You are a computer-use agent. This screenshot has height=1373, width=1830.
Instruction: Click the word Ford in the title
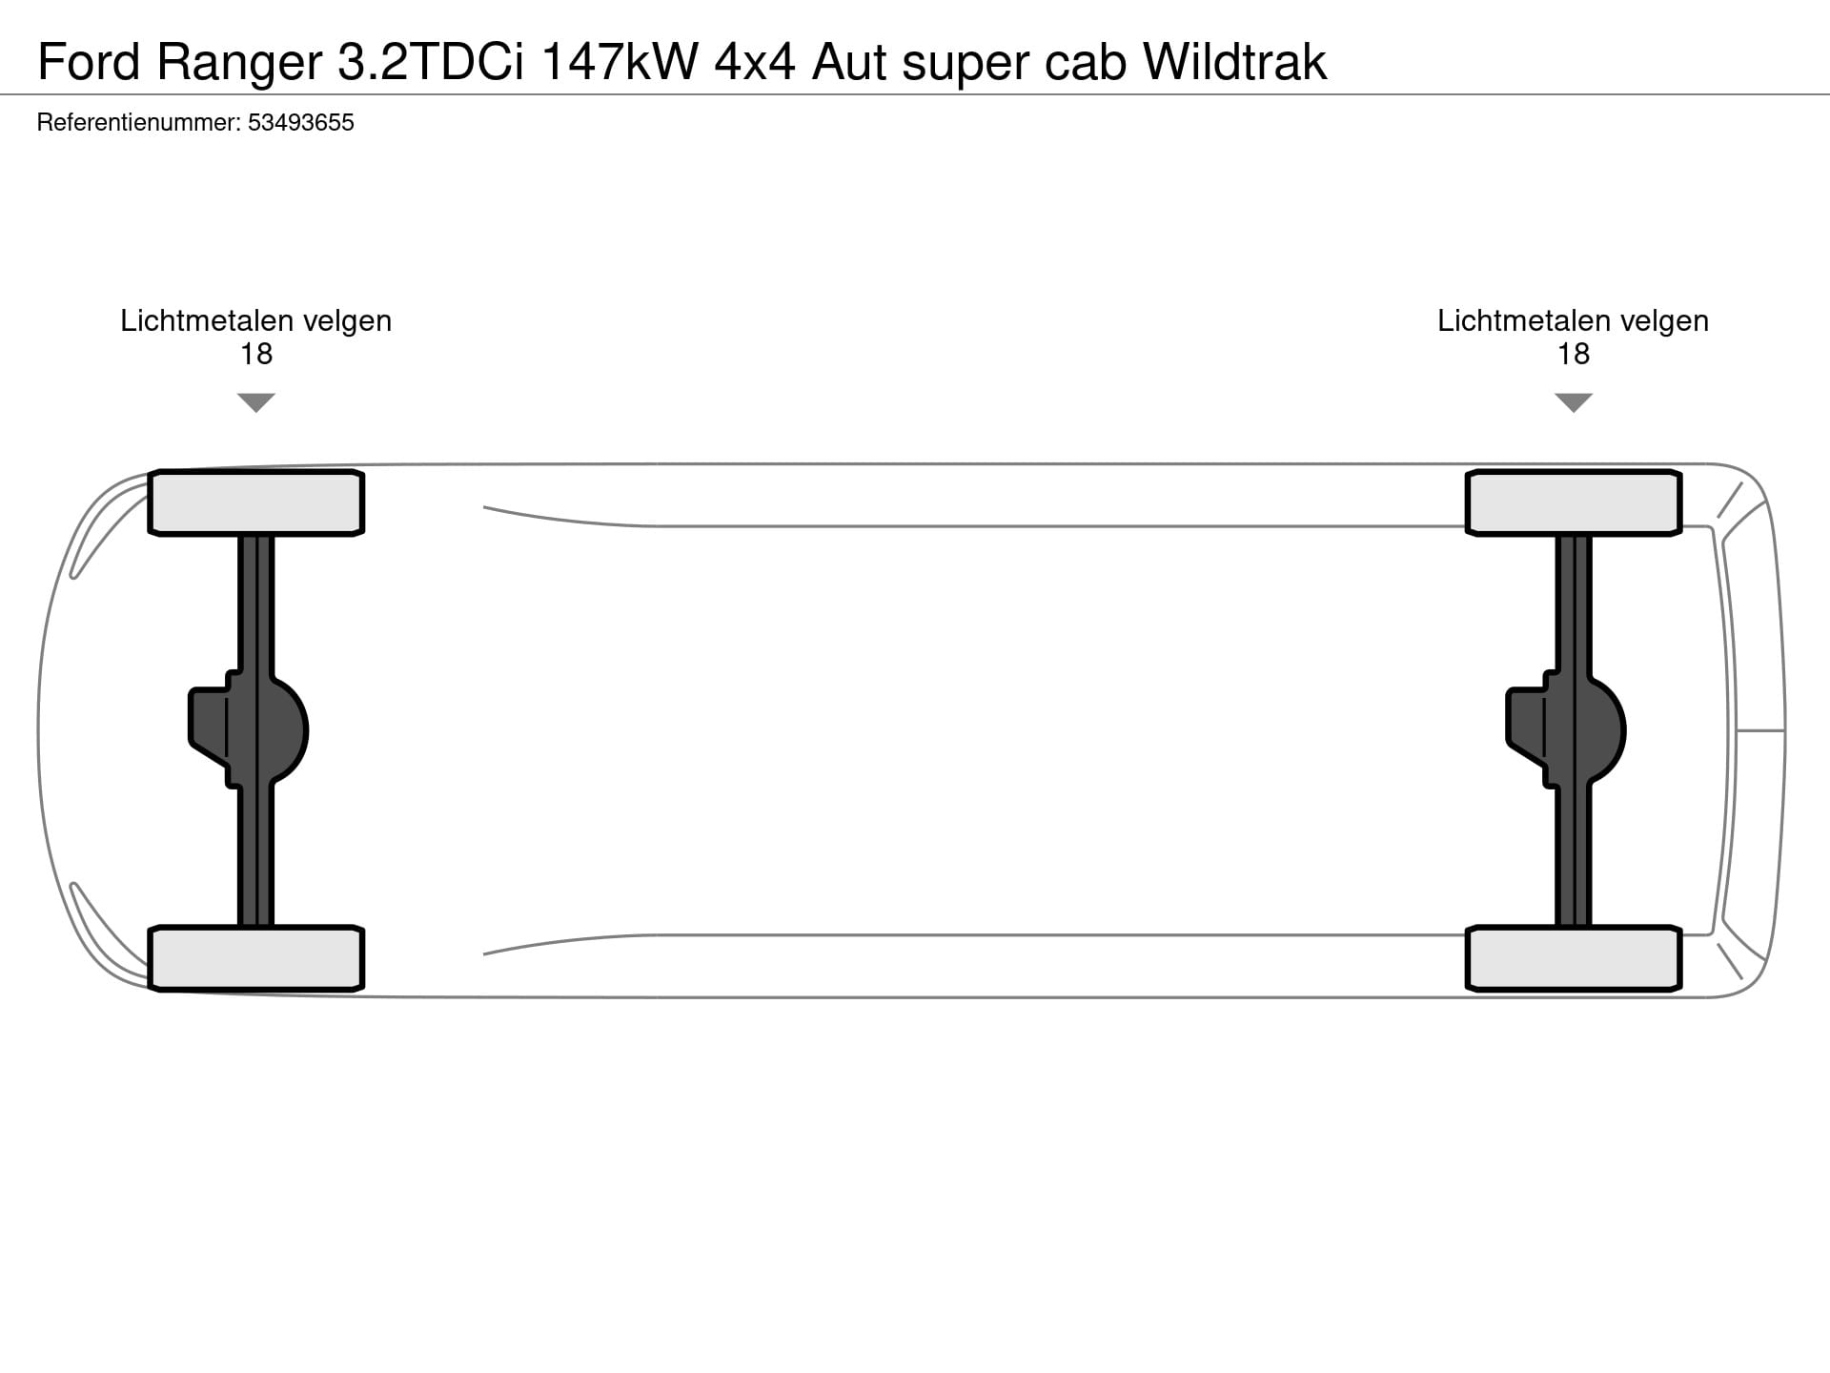[x=88, y=63]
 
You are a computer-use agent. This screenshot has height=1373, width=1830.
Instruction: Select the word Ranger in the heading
[x=239, y=63]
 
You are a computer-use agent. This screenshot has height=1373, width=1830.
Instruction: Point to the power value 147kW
[x=620, y=63]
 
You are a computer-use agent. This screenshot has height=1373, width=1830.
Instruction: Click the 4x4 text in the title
[x=755, y=63]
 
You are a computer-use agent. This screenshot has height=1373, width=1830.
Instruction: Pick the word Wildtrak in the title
[x=1234, y=63]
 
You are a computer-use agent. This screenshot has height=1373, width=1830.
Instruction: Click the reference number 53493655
[x=301, y=123]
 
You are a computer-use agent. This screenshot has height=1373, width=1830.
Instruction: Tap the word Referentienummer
[x=138, y=123]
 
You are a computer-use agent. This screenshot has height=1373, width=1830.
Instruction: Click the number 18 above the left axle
[x=256, y=355]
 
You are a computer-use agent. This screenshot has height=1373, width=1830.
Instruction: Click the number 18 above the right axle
[x=1574, y=355]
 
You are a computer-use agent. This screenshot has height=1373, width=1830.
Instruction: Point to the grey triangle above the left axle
[x=256, y=401]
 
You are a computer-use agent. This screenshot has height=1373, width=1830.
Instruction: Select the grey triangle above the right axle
[x=1574, y=401]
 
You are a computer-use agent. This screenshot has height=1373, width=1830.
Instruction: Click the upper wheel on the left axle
[x=256, y=502]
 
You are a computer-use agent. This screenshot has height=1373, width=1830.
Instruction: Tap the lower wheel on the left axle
[x=256, y=958]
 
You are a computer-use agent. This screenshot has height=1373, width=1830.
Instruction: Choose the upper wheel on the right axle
[x=1574, y=502]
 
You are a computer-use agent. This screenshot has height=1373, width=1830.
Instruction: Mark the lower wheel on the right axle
[x=1574, y=958]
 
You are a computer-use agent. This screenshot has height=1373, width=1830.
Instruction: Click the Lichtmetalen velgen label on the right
[x=1574, y=321]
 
